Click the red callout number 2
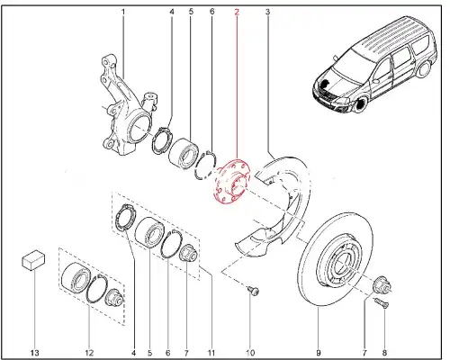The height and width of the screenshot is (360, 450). point(237,13)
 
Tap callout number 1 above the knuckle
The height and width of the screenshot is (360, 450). point(123,13)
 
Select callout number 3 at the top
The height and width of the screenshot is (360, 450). point(267,13)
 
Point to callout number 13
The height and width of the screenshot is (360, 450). point(35,353)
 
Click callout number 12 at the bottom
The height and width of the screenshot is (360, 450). point(89,353)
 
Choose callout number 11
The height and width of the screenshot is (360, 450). point(211,353)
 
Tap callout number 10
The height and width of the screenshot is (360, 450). point(250,353)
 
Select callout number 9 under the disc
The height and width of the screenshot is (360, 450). point(319,353)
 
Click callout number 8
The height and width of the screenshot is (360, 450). point(384,353)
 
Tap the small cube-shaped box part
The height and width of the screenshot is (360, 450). point(33,260)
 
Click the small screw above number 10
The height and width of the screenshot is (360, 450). point(254,291)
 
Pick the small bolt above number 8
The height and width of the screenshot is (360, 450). point(381,303)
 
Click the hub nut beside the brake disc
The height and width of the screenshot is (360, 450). point(382,284)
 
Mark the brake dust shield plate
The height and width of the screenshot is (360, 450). point(276,207)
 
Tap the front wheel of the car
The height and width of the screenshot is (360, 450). point(360,103)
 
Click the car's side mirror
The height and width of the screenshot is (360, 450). point(376,80)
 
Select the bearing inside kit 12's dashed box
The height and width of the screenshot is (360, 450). point(75,277)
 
